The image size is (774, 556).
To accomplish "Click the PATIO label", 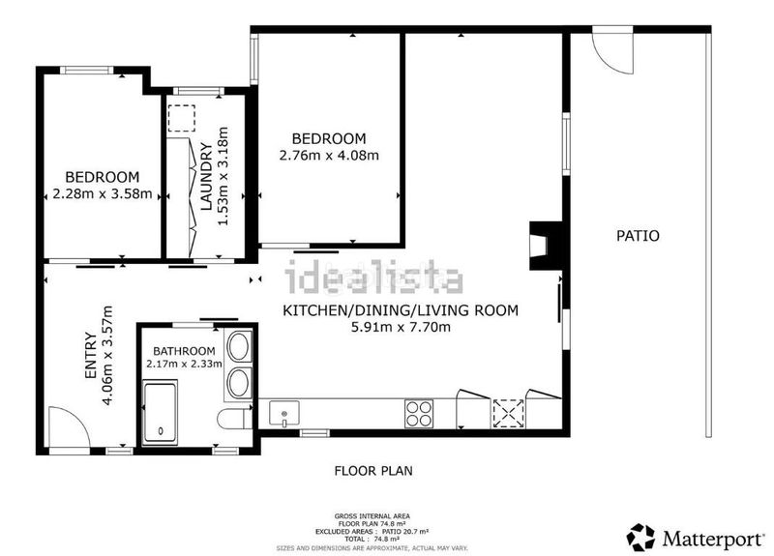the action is click(638, 236).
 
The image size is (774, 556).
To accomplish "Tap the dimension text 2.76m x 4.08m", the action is click(329, 156).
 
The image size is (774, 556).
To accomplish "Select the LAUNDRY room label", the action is click(206, 176).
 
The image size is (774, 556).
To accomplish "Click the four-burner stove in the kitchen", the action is click(419, 414).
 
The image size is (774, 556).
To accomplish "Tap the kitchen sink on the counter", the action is click(283, 414).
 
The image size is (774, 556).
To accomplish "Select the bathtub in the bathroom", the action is click(160, 413).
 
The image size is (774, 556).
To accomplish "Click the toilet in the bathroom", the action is click(235, 419).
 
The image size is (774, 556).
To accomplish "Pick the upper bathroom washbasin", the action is click(239, 347).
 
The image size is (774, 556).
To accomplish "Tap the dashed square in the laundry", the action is click(182, 118).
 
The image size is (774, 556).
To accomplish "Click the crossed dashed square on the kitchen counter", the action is click(509, 414).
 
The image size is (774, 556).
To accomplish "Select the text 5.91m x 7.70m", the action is click(401, 327).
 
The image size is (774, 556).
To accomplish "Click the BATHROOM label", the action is click(184, 351).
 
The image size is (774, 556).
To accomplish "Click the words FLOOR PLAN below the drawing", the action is click(373, 471).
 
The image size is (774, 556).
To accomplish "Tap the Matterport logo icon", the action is click(640, 538).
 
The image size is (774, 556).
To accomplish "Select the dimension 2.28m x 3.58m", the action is click(103, 194).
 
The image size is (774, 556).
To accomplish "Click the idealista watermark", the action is click(374, 277).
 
